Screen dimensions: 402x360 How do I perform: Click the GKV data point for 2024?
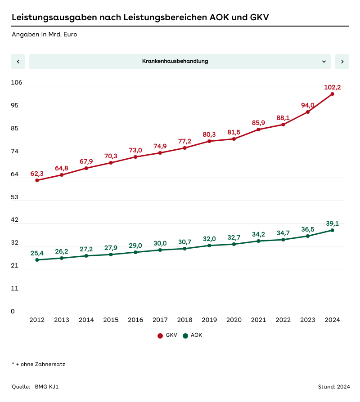tap(332, 94)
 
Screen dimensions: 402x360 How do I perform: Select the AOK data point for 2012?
tap(37, 260)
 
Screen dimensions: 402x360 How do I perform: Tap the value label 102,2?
tap(332, 87)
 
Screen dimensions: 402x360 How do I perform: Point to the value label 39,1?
tap(332, 223)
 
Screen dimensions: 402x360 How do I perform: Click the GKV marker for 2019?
tap(209, 141)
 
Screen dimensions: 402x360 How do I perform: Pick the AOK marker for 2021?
tap(258, 241)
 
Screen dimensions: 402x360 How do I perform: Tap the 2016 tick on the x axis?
tap(135, 320)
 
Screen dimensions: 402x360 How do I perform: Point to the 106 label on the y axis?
tap(17, 83)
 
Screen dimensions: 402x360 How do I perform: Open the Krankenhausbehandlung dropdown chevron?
tap(324, 62)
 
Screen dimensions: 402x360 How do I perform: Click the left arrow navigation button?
tap(18, 62)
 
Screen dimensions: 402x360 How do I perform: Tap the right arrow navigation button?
tap(342, 62)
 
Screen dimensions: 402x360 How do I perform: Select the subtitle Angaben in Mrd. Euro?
tap(44, 34)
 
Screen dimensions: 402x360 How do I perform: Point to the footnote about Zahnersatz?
tap(38, 364)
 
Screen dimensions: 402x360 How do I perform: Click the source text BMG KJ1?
tap(47, 387)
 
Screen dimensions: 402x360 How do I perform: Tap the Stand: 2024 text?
tap(333, 387)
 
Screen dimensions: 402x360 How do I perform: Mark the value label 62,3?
tap(37, 174)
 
